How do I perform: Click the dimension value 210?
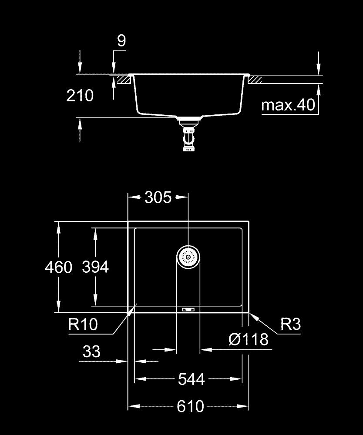[x=80, y=95]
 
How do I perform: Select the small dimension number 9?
[x=121, y=40]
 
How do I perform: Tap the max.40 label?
[x=288, y=105]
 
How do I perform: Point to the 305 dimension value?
[x=158, y=197]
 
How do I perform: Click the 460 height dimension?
[x=58, y=267]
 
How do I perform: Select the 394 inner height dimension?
[x=95, y=267]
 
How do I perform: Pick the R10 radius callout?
[x=83, y=324]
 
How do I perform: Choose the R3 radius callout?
[x=290, y=324]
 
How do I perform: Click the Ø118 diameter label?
[x=248, y=339]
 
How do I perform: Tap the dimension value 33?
[x=91, y=351]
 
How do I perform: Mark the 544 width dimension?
[x=191, y=379]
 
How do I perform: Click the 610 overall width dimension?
[x=191, y=406]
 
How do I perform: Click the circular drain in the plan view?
[x=188, y=257]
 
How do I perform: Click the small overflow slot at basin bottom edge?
[x=188, y=309]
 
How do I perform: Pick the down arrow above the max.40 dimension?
[x=319, y=68]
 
